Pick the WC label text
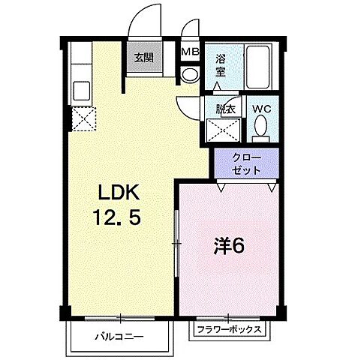click(261, 109)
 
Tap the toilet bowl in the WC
click(260, 131)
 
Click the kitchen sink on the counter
click(80, 89)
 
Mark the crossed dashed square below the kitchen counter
click(82, 118)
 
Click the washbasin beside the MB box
click(189, 74)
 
